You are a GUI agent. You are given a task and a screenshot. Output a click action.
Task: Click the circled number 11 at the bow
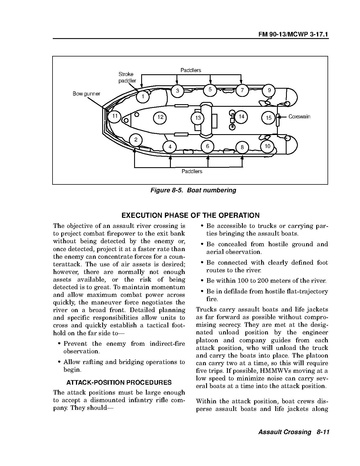pyautogui.click(x=115, y=116)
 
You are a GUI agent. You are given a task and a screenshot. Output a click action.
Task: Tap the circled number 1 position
pyautogui.click(x=143, y=97)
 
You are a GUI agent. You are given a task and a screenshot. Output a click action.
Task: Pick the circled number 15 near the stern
pyautogui.click(x=269, y=117)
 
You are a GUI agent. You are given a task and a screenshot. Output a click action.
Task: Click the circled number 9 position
pyautogui.click(x=269, y=90)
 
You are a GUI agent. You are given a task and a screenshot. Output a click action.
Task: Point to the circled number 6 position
pyautogui.click(x=207, y=146)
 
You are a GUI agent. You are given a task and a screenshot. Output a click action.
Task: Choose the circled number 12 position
pyautogui.click(x=160, y=117)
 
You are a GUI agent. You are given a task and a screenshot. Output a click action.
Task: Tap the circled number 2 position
pyautogui.click(x=135, y=140)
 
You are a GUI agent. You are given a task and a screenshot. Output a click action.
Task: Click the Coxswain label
pyautogui.click(x=299, y=116)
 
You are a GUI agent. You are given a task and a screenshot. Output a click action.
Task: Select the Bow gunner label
pyautogui.click(x=86, y=94)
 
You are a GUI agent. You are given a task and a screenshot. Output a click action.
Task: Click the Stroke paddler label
pyautogui.click(x=127, y=77)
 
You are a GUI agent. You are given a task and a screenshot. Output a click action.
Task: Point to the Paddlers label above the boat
pyautogui.click(x=191, y=70)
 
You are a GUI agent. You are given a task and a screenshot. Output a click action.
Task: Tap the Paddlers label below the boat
pyautogui.click(x=192, y=171)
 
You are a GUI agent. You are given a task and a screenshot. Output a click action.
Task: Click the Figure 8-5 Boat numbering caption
pyautogui.click(x=193, y=190)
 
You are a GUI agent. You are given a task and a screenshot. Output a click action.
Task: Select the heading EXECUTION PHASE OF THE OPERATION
pyautogui.click(x=190, y=215)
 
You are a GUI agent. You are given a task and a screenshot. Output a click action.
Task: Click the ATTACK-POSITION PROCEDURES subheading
pyautogui.click(x=119, y=382)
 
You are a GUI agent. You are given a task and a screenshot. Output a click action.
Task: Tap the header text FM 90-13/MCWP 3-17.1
pyautogui.click(x=293, y=35)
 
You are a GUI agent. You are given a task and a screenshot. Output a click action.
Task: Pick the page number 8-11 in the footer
pyautogui.click(x=323, y=432)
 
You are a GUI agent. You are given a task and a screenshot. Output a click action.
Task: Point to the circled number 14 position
pyautogui.click(x=241, y=116)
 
